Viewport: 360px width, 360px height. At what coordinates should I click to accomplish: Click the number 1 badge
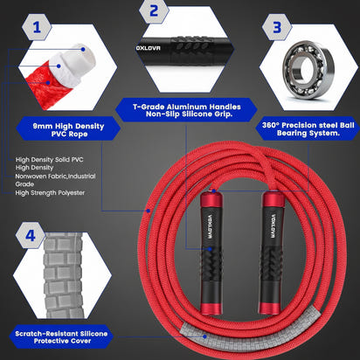[x=36, y=28]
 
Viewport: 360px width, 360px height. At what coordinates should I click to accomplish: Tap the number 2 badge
[x=154, y=11]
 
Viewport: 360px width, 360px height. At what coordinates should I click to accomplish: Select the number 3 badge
[x=278, y=27]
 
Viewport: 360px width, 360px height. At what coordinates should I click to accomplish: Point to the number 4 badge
[x=31, y=235]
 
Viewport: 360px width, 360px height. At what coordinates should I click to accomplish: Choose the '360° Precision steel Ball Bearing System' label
[x=307, y=129]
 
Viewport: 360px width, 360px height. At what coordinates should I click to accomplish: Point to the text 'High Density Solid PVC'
[x=53, y=160]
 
